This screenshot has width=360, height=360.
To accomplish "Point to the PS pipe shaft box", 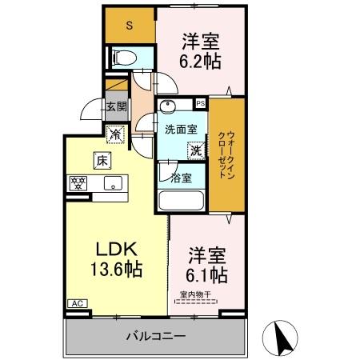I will pyautogui.click(x=200, y=103).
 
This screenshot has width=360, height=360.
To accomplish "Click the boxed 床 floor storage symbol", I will pyautogui.click(x=102, y=159).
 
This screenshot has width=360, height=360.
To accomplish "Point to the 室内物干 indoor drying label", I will pyautogui.click(x=195, y=294).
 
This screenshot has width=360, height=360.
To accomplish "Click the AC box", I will pyautogui.click(x=78, y=303).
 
